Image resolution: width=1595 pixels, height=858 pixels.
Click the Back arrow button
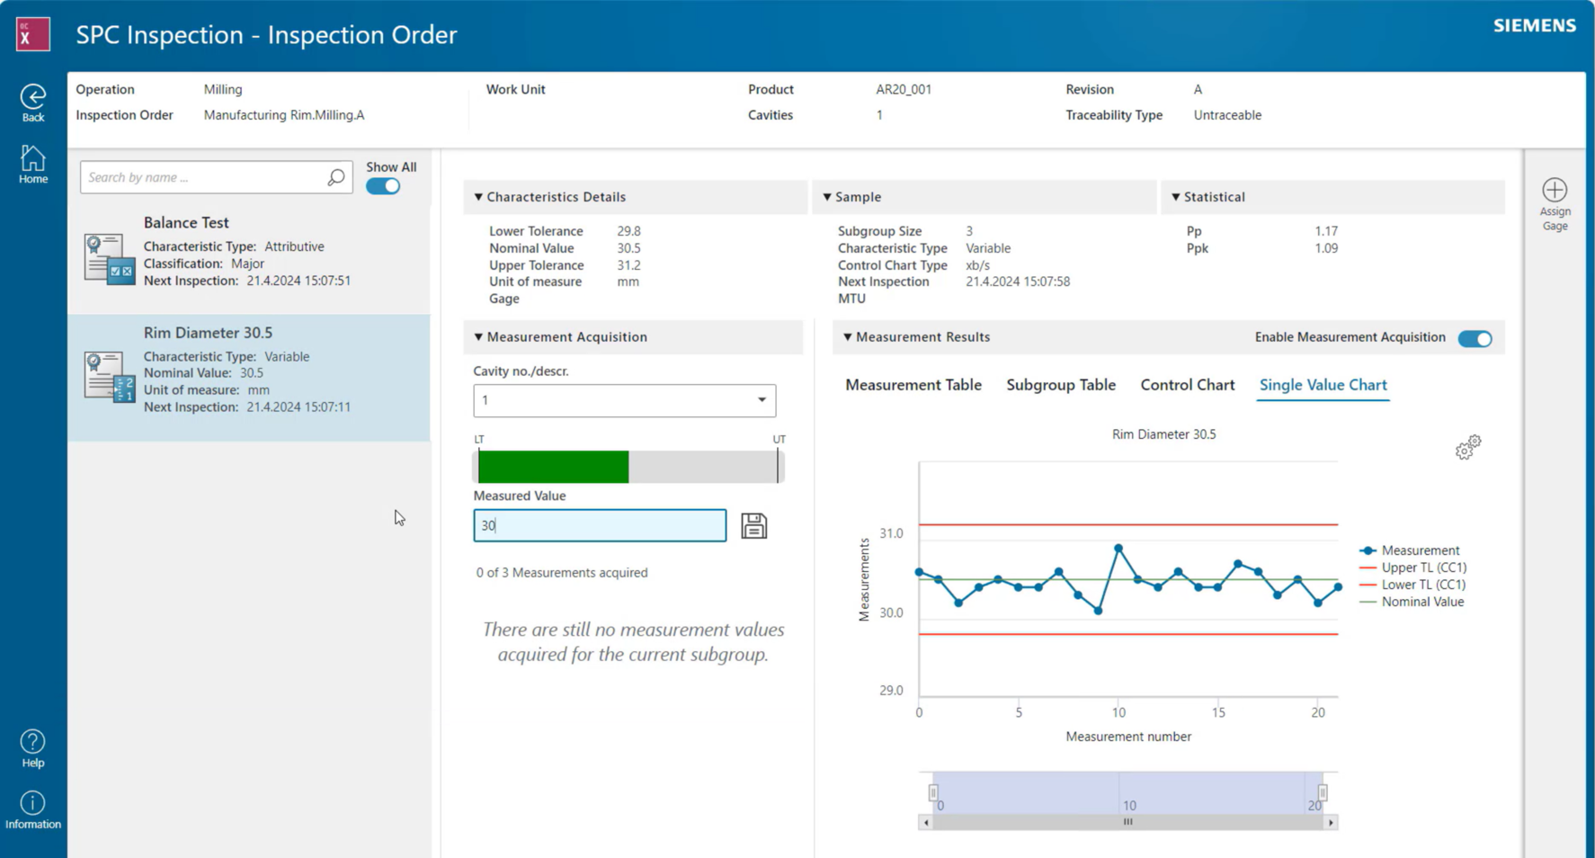tap(33, 97)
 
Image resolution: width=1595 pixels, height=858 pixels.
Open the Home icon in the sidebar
tap(33, 159)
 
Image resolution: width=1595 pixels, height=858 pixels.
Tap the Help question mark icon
tap(33, 742)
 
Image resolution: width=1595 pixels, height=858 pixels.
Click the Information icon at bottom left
tap(33, 803)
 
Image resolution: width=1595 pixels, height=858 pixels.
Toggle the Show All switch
tap(383, 186)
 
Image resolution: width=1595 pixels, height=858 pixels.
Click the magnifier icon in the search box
tap(335, 178)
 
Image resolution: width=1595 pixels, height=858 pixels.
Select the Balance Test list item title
tap(186, 223)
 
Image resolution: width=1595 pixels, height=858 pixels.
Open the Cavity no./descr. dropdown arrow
tap(761, 400)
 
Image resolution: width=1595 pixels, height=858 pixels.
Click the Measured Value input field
tap(599, 525)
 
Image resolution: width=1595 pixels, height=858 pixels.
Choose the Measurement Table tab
tap(913, 385)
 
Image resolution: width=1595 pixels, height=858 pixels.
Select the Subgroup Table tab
tap(1060, 385)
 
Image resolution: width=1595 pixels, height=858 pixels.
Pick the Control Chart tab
tap(1187, 385)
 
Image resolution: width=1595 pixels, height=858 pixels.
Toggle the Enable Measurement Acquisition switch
tap(1475, 339)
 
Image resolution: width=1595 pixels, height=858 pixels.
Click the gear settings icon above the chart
tap(1467, 447)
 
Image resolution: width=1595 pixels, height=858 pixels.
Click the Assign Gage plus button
tap(1555, 191)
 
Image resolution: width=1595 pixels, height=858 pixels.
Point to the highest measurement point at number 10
tap(1118, 548)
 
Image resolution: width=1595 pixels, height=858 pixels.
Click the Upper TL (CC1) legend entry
tap(1423, 568)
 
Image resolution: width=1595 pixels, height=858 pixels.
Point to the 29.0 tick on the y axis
tap(891, 691)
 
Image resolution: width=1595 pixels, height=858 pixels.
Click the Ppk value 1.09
tap(1325, 248)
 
